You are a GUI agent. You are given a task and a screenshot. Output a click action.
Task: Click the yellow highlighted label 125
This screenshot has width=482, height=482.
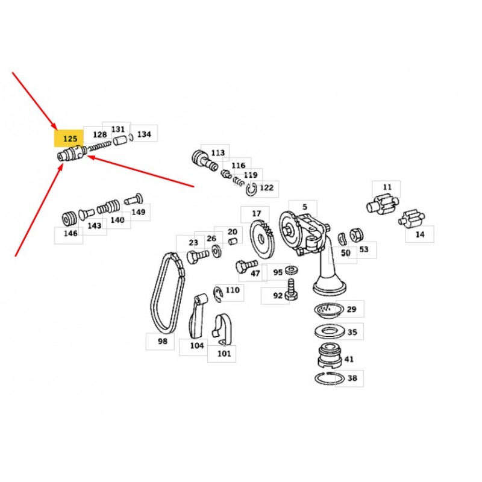pos(69,139)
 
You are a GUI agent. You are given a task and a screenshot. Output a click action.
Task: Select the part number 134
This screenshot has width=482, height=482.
pos(144,134)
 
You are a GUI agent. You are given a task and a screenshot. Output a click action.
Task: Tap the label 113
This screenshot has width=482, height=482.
pos(218,152)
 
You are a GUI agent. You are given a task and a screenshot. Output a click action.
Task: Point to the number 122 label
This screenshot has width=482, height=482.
pos(266,187)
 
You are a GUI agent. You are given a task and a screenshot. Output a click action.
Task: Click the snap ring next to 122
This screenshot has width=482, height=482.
pos(251,189)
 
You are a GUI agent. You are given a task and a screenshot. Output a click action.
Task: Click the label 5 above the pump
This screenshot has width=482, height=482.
pos(304,207)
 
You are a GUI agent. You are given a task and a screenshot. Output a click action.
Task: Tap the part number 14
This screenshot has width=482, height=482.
pos(419,234)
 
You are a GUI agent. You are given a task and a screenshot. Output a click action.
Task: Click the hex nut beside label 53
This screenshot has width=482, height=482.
pos(356,235)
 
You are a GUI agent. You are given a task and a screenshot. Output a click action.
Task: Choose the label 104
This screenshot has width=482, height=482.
pos(197,345)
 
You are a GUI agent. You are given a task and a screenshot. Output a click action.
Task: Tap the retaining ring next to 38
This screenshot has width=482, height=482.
pos(329,378)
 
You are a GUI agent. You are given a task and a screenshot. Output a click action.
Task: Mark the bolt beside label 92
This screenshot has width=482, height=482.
pos(291,290)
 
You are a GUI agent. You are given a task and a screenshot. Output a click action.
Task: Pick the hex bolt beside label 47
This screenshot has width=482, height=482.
pos(246,265)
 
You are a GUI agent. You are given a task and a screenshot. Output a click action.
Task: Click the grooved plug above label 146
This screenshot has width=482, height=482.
pos(69,219)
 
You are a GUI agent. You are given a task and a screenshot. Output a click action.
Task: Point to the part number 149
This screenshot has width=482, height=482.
pos(138,212)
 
